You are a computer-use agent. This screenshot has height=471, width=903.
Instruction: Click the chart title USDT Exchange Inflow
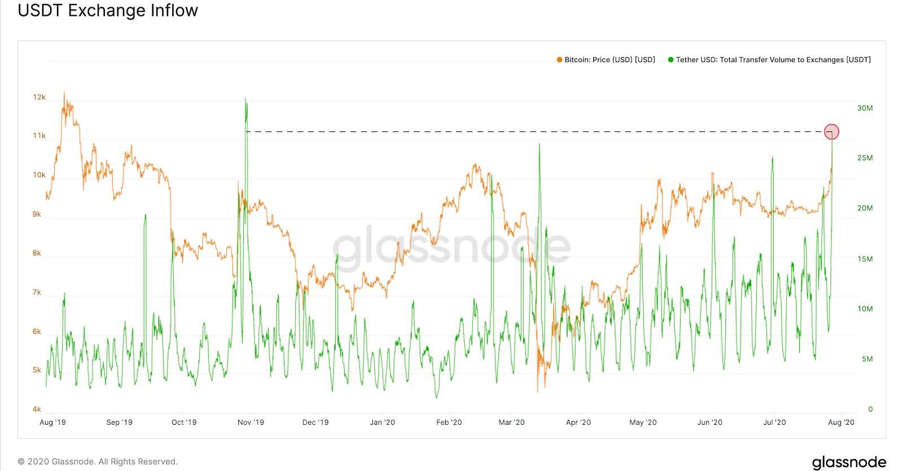108,11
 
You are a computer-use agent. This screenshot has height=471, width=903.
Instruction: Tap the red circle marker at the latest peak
831,131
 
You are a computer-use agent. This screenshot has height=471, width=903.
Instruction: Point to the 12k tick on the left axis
39,97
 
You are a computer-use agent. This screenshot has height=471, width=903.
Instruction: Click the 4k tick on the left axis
37,409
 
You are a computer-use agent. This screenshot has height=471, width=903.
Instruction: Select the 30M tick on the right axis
865,108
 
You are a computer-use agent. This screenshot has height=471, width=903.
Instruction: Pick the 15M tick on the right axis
865,259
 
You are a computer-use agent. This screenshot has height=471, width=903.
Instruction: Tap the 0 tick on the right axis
870,409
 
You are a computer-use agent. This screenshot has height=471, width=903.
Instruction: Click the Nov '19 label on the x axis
251,422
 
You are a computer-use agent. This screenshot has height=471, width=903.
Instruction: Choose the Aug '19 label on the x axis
52,422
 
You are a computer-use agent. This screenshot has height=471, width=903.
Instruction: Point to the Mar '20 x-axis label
511,422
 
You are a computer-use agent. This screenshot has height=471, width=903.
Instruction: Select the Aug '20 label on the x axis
841,422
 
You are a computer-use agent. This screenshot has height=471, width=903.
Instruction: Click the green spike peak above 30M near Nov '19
246,99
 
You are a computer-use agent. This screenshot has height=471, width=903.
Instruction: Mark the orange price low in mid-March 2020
537,390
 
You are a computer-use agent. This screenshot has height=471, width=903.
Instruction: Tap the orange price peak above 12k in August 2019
64,93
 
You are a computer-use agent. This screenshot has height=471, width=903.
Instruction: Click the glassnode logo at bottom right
849,462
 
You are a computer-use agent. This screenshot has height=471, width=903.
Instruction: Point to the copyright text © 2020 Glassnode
98,461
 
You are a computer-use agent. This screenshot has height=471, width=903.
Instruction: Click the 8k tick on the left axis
37,253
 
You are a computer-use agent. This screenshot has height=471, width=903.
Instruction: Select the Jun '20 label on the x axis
709,422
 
